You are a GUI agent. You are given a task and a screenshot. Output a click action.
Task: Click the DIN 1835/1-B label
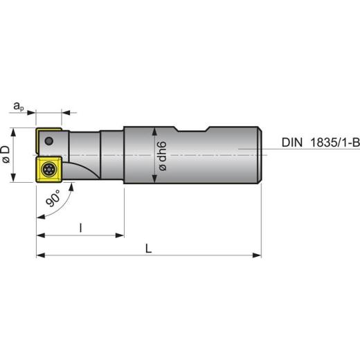[321, 143]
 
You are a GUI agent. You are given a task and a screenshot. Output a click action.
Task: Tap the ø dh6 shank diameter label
[163, 156]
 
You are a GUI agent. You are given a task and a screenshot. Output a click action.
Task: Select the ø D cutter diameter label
[6, 154]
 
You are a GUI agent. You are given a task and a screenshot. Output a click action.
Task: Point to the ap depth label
[19, 107]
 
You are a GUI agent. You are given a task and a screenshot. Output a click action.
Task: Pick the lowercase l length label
[80, 228]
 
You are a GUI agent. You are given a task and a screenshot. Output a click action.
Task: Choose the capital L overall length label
[148, 249]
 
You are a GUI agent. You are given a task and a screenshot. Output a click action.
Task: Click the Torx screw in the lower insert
[48, 170]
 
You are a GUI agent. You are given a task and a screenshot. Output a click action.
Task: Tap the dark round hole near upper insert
[48, 141]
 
